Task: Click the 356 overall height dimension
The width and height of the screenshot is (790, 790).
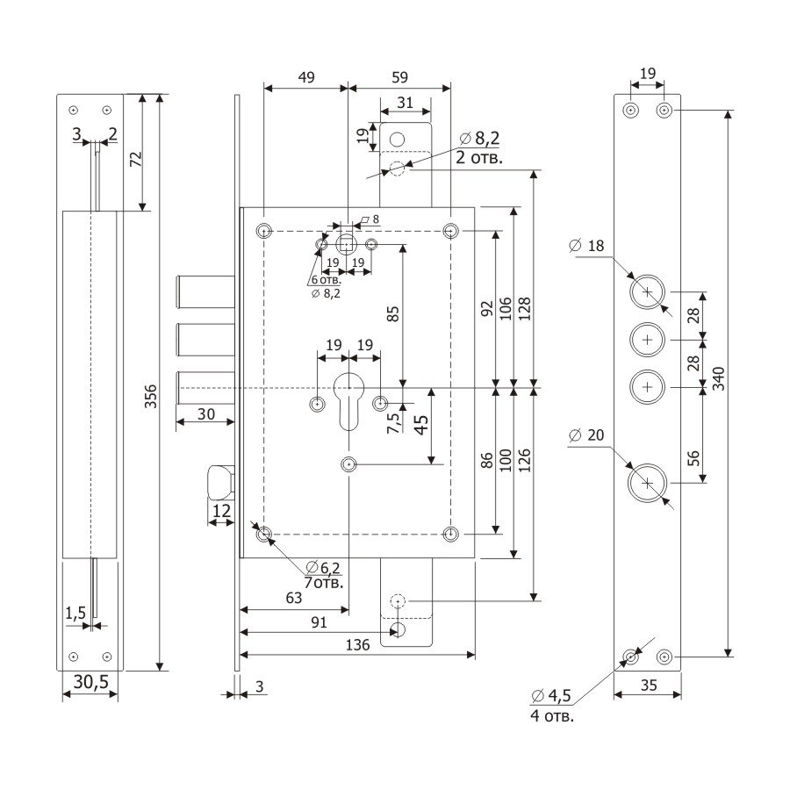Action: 150,396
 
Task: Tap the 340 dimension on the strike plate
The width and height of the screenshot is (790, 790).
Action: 718,378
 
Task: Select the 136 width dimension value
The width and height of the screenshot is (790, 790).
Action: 358,645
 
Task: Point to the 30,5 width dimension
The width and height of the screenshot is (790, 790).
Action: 91,682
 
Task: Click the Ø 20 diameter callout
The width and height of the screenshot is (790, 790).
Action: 586,434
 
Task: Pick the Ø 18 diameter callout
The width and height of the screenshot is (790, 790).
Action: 586,246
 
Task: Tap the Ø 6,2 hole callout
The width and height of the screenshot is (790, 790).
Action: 323,568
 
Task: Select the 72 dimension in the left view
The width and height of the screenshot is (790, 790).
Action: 136,159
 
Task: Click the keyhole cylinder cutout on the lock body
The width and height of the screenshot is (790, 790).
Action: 348,401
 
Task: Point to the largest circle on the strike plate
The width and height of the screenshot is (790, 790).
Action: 648,483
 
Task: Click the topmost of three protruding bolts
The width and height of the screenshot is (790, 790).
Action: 205,291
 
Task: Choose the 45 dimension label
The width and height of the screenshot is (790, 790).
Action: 421,424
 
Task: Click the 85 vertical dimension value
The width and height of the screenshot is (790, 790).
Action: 393,314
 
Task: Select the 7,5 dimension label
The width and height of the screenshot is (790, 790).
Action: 393,422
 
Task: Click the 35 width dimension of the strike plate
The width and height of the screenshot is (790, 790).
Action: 649,686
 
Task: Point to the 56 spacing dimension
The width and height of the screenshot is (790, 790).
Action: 693,458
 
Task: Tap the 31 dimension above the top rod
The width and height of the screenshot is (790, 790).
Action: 405,103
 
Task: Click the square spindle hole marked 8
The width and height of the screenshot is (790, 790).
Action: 346,246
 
